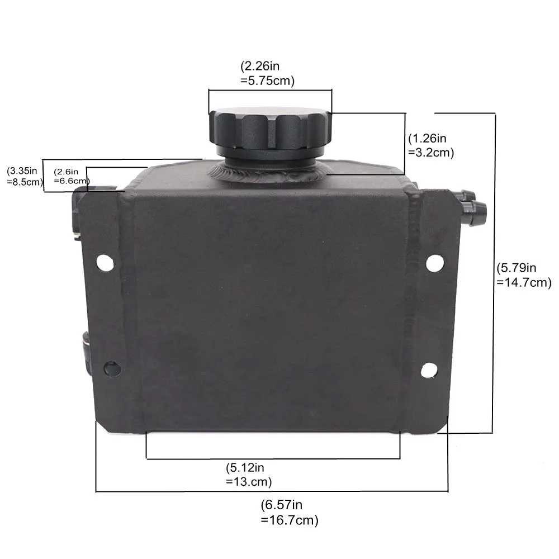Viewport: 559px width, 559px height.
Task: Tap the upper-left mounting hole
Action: pos(105,263)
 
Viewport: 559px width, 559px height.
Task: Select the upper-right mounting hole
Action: pos(435,263)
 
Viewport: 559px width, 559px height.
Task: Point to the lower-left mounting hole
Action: pos(112,368)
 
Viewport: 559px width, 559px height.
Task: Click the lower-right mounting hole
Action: pos(429,371)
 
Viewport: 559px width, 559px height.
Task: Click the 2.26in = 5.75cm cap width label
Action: pos(267,73)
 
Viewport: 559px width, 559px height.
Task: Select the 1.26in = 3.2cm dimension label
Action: pos(431,145)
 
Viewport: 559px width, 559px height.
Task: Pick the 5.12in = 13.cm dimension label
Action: pos(249,475)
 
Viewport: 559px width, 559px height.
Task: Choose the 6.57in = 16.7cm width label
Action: pos(290,512)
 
